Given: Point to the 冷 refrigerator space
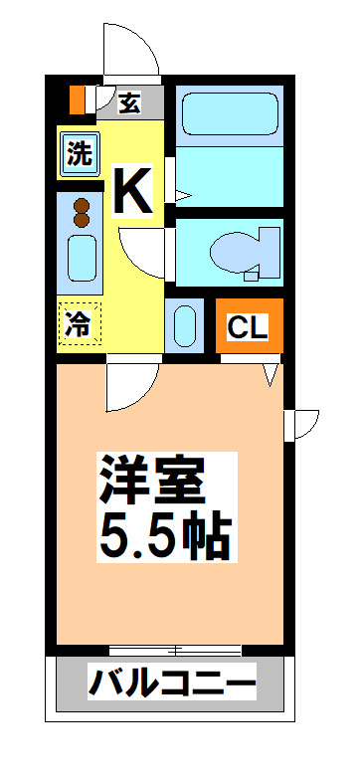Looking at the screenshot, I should point(79,324).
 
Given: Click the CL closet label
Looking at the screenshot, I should point(249,326).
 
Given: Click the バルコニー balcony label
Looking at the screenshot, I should point(172,684).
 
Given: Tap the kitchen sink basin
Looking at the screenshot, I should point(80,259).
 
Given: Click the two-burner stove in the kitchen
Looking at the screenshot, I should point(80,212).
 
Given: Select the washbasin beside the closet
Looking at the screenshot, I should point(184,325).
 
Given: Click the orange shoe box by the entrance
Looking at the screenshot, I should point(77,99).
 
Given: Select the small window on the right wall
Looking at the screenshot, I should point(300,423).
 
